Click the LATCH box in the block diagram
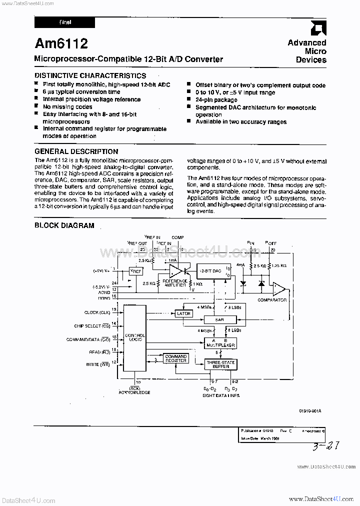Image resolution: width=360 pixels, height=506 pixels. click(183, 313)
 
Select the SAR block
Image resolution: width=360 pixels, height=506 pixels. click(219, 319)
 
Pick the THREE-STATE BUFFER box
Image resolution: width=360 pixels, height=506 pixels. click(220, 364)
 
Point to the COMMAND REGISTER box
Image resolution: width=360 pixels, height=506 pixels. click(175, 358)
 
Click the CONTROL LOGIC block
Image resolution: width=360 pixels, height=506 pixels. click(134, 337)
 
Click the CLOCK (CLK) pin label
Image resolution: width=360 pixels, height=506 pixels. click(98, 312)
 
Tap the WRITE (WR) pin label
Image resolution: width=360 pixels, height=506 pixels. click(99, 364)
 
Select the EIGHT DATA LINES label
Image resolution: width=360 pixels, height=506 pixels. click(221, 395)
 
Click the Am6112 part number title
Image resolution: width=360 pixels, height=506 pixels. click(61, 44)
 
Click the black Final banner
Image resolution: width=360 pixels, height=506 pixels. click(63, 22)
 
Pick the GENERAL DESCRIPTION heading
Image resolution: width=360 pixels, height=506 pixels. click(76, 151)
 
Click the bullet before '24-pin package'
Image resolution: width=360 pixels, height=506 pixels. click(189, 100)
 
